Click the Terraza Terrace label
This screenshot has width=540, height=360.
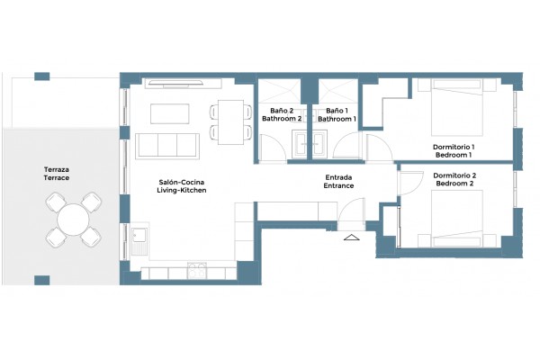57,174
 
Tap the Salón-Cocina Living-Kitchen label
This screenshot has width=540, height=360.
182,186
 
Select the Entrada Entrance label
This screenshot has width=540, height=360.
338,182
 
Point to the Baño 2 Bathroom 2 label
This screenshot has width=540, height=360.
282,114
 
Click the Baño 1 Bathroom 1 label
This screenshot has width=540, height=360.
337,114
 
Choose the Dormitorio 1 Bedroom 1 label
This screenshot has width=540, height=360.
454,151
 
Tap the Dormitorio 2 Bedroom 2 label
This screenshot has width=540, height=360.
454,179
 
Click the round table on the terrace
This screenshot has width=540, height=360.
74,220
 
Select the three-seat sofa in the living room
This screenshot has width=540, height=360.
167,146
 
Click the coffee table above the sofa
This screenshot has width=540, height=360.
170,113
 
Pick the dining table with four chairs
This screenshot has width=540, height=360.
230,122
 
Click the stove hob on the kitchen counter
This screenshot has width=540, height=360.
197,270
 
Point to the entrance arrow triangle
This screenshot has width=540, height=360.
352,237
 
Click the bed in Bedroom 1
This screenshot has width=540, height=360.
457,107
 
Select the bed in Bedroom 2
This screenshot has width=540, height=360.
457,218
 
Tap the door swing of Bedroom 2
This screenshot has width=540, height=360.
410,184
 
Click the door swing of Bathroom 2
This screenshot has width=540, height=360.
272,148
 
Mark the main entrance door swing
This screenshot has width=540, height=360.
352,214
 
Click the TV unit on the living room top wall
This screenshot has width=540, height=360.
183,84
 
